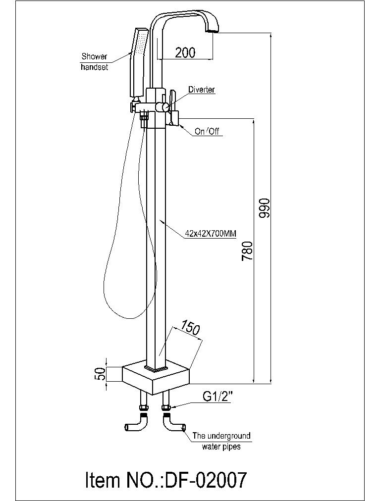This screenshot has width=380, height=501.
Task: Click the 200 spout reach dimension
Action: coord(185,52)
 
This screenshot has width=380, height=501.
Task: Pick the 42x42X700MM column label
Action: coord(211,234)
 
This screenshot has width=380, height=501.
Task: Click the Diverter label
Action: coord(201,90)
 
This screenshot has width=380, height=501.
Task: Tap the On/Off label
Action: coord(207,131)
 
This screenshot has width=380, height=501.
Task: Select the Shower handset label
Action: coord(94,62)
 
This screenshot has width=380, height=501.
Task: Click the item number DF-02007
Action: coord(166,480)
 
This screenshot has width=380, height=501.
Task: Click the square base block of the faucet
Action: coord(156,375)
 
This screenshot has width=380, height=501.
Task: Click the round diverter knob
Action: coord(162,107)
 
